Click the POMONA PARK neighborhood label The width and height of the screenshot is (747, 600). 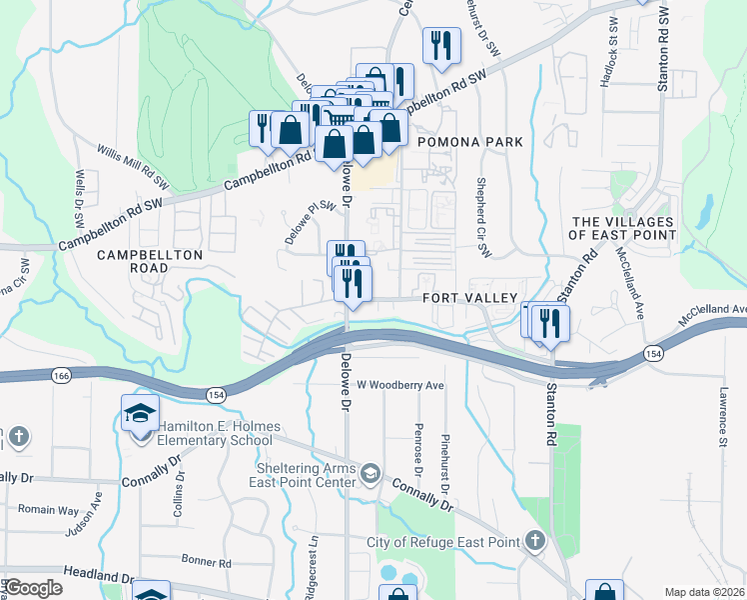469,143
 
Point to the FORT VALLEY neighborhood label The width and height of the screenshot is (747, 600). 469,298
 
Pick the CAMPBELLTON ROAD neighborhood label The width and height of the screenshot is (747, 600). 150,262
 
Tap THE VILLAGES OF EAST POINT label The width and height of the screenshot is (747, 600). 622,228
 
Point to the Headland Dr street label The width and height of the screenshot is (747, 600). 98,575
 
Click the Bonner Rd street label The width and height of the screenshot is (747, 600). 207,562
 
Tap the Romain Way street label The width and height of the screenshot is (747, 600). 54,510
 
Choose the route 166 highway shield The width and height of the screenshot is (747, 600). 63,374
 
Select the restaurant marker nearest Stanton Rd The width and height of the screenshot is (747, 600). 550,323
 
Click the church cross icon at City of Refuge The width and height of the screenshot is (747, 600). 534,541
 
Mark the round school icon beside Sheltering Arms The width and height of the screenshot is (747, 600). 371,472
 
